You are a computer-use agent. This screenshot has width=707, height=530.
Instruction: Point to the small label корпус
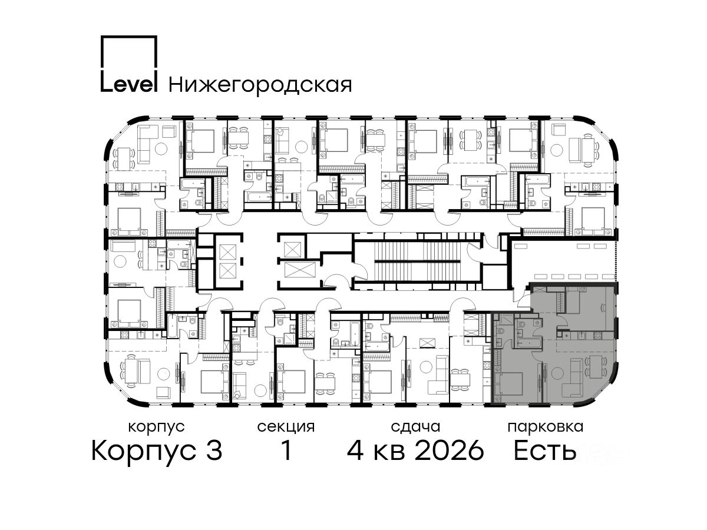156,428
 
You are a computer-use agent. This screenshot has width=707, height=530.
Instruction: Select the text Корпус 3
157,450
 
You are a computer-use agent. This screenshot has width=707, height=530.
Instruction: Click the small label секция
286,428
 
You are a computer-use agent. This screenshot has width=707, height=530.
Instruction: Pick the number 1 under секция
286,450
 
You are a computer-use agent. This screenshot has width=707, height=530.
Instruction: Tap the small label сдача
415,428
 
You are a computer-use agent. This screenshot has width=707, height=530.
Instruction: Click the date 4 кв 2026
415,450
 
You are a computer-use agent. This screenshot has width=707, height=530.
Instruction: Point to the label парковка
546,428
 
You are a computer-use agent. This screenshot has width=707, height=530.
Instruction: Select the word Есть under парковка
544,450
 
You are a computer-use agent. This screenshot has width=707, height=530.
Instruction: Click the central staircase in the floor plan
418,261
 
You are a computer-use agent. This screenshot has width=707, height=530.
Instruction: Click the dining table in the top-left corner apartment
124,159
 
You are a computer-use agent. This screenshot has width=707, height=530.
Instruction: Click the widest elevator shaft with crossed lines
300,270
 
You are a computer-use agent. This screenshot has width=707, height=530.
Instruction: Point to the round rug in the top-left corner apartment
161,148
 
